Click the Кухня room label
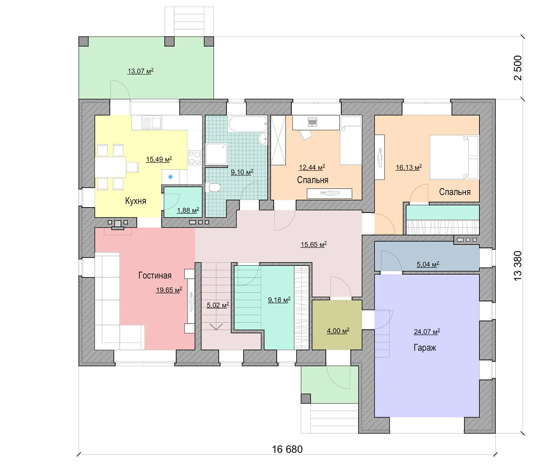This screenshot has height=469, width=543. [135, 201]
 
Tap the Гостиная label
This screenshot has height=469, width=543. [155, 275]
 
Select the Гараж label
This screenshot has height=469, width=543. [425, 348]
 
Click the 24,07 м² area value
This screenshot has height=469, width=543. [427, 332]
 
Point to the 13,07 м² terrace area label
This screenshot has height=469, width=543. [140, 71]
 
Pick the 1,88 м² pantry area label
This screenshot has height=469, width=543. [188, 210]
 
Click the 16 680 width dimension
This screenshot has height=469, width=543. [287, 449]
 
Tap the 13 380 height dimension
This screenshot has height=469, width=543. [518, 266]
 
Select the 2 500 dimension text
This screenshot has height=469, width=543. [518, 68]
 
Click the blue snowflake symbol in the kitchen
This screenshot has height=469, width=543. [170, 177]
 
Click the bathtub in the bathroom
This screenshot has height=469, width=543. [248, 124]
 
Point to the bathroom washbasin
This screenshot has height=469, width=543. [263, 139]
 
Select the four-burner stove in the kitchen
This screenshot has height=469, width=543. [195, 157]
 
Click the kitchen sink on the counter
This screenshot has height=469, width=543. [152, 123]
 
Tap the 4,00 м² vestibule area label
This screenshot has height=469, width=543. [338, 331]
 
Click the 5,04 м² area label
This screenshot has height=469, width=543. [428, 264]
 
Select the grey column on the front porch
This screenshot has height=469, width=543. [306, 398]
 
